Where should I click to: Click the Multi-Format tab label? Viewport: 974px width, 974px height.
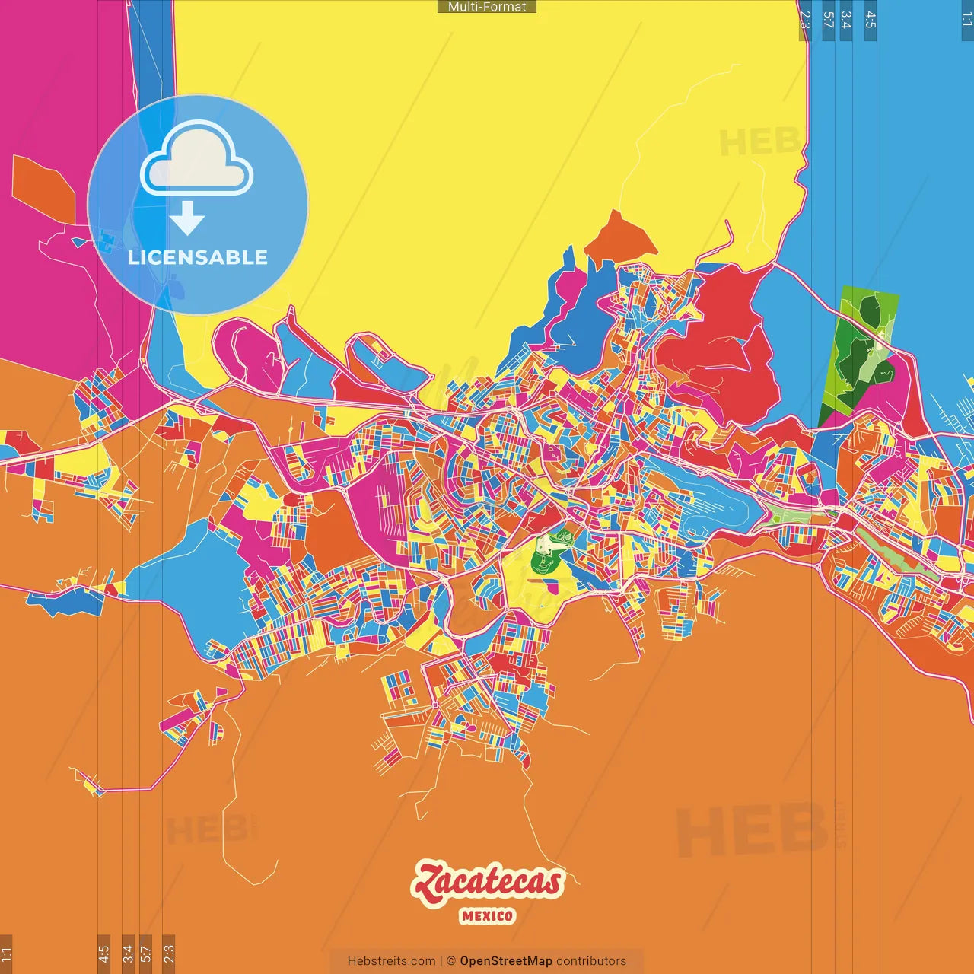pos(487,7)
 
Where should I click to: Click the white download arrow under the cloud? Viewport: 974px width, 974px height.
pos(186,218)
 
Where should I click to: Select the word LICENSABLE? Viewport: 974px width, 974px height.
pos(198,257)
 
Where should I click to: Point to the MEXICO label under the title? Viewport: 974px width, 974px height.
pos(487,916)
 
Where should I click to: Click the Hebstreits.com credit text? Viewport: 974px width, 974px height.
pos(391,961)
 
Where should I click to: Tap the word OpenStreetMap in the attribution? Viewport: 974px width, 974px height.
pos(505,961)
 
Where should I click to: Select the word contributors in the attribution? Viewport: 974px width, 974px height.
pos(591,961)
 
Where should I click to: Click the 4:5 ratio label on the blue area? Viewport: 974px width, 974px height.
pos(871,20)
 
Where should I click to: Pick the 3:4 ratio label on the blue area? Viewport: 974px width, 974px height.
pos(846,20)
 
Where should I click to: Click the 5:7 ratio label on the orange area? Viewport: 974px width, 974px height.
pos(145,953)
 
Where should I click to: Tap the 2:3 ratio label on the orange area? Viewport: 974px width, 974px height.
pos(169,953)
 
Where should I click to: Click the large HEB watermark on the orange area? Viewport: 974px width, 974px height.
pos(750,829)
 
